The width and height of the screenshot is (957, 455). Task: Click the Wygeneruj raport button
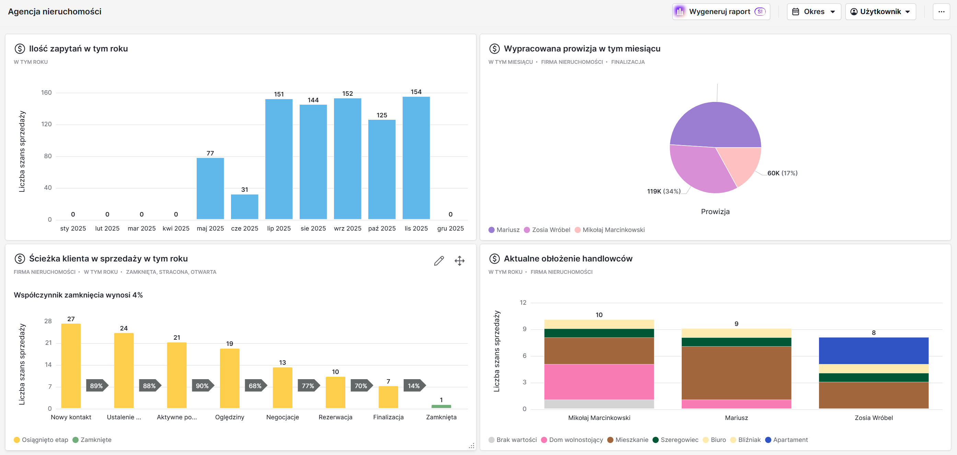[x=720, y=12]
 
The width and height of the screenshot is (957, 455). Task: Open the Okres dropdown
[x=813, y=12]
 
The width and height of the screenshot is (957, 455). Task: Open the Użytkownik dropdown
[x=880, y=12]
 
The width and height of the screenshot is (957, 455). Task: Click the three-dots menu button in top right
[x=941, y=12]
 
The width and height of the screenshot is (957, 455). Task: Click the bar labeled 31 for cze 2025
[x=244, y=207]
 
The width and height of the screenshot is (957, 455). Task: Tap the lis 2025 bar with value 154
[x=416, y=158]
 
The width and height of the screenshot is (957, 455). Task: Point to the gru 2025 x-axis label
[x=450, y=229]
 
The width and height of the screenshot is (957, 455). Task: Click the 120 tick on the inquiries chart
[x=46, y=124]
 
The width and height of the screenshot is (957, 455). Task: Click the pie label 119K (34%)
[x=664, y=191]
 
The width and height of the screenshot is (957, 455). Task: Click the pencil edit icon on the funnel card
[x=439, y=261]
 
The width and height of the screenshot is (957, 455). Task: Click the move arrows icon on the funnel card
[x=460, y=261]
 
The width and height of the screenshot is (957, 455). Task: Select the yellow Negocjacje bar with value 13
[x=283, y=388]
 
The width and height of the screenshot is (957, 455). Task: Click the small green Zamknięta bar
[x=441, y=406]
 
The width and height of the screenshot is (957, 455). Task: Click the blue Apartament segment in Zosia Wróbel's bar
[x=873, y=351]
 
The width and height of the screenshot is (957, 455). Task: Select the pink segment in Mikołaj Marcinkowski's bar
[x=599, y=382]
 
